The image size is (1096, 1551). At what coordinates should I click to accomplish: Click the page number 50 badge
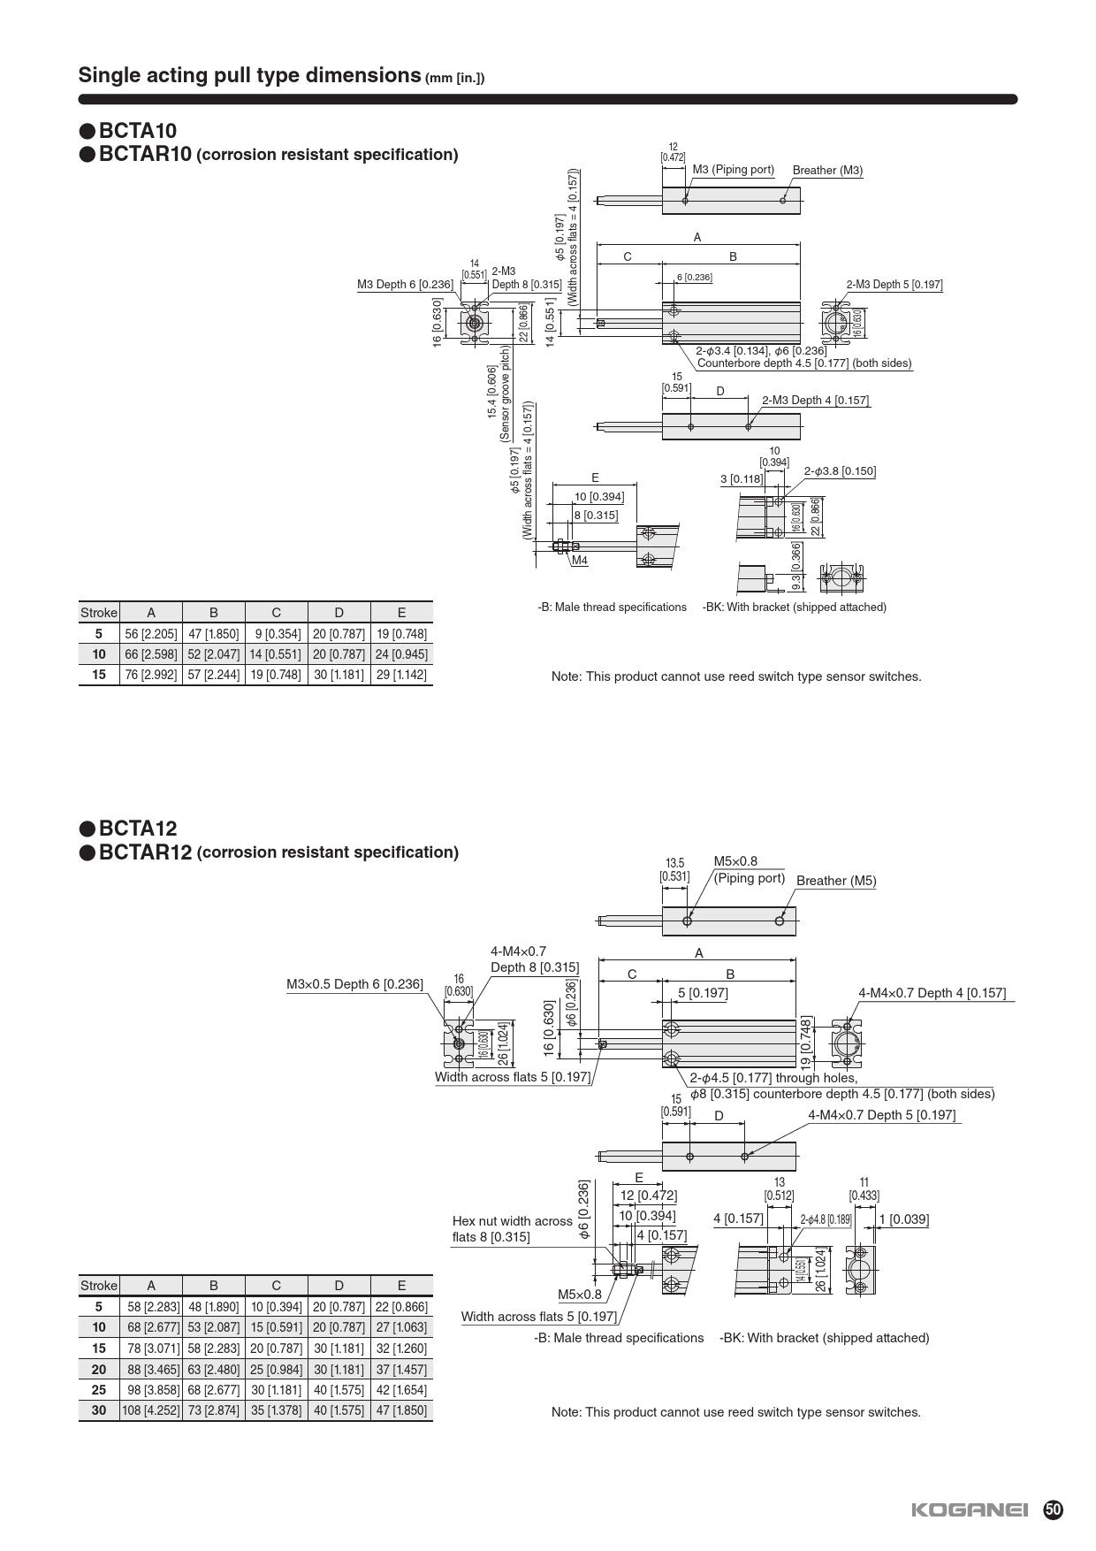[1053, 1509]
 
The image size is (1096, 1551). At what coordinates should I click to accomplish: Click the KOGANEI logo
[970, 1510]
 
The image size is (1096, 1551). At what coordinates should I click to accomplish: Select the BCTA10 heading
[137, 131]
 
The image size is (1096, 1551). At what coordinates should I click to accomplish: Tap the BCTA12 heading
[137, 829]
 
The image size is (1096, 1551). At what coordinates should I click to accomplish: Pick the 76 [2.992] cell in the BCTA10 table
[151, 675]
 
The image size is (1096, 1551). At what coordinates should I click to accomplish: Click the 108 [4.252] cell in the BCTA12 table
[151, 1410]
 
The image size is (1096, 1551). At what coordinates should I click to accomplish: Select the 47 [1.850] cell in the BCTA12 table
[401, 1410]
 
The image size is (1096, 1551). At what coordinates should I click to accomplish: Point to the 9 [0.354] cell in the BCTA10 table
[276, 634]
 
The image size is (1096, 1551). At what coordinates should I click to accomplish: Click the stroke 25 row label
[98, 1390]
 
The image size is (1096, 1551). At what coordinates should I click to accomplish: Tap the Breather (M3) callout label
[827, 171]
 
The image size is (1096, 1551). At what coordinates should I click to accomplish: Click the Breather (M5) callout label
[836, 881]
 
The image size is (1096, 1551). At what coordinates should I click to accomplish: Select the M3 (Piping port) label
[733, 170]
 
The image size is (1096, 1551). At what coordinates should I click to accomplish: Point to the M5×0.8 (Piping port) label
[749, 870]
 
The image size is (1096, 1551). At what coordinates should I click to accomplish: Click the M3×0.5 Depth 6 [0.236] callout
[354, 984]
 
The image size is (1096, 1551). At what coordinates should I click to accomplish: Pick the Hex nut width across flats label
[512, 1229]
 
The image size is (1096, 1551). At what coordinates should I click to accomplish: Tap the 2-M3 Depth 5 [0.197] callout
[894, 285]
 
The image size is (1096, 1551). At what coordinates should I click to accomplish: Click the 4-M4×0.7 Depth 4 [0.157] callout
[932, 993]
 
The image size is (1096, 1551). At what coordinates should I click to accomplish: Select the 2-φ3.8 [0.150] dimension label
[840, 471]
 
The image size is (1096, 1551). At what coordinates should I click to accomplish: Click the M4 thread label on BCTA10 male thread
[580, 561]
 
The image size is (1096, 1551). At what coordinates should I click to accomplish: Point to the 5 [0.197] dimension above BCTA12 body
[703, 993]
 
